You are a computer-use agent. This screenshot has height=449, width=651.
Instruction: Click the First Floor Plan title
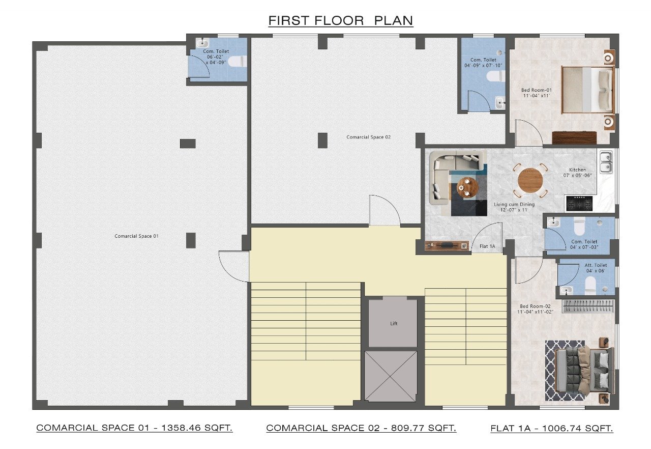click(x=341, y=21)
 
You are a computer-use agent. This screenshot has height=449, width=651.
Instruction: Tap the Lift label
click(x=394, y=323)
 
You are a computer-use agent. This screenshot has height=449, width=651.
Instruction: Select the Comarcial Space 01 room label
click(x=137, y=236)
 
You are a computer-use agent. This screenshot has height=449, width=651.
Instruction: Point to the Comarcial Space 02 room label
click(x=369, y=137)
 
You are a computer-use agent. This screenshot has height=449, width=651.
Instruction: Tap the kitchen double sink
click(x=606, y=162)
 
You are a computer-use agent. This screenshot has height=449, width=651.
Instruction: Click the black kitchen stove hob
click(x=579, y=203)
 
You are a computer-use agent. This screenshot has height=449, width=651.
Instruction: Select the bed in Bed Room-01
click(x=587, y=90)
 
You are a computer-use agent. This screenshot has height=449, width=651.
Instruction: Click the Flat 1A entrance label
click(x=487, y=246)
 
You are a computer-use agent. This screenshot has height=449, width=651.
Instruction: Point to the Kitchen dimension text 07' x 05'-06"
click(x=577, y=175)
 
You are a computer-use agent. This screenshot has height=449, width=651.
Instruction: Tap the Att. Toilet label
click(x=596, y=265)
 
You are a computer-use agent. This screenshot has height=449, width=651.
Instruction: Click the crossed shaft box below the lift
click(x=391, y=376)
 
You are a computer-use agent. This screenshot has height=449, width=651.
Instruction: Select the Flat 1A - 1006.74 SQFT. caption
click(x=552, y=428)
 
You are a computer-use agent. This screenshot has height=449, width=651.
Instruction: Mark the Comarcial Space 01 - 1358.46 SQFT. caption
click(x=134, y=428)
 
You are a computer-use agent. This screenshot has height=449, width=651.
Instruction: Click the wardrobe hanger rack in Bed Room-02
click(x=588, y=306)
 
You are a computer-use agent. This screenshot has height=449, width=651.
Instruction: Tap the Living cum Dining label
click(x=514, y=205)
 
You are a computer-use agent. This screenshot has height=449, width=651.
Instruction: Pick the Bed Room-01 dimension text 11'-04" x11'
click(x=537, y=96)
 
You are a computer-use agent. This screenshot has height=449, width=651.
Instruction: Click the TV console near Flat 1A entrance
click(x=447, y=246)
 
